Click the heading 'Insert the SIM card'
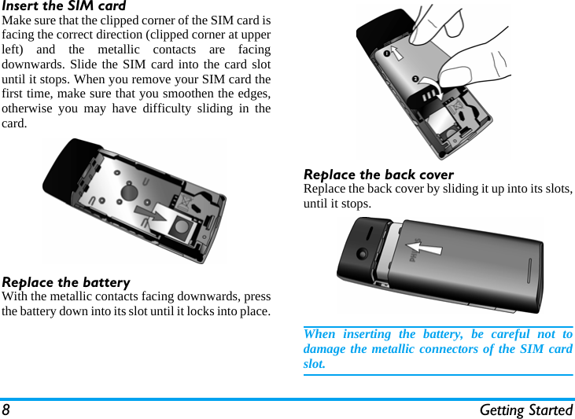[64, 6]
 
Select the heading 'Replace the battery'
[66, 282]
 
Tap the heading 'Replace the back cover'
[378, 175]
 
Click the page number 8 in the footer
[6, 410]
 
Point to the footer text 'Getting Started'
[525, 410]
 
